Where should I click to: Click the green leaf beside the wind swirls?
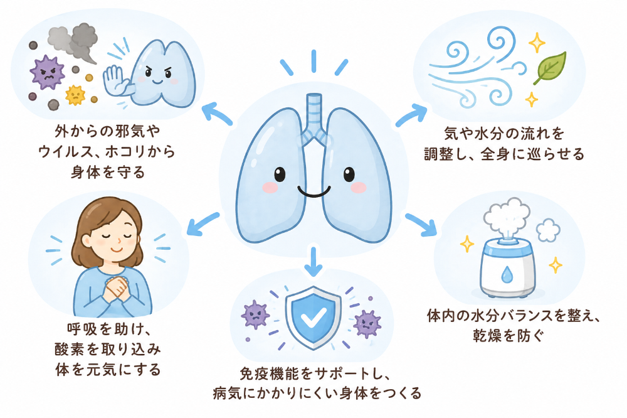click(551, 67)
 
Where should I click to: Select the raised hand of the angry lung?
click(115, 80)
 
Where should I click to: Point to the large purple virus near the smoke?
click(48, 72)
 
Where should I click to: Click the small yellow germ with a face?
click(76, 95)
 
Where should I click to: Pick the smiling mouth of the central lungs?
click(314, 192)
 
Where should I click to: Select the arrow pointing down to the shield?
click(313, 262)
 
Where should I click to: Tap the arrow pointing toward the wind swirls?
click(411, 115)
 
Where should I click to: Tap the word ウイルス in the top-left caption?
click(66, 152)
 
